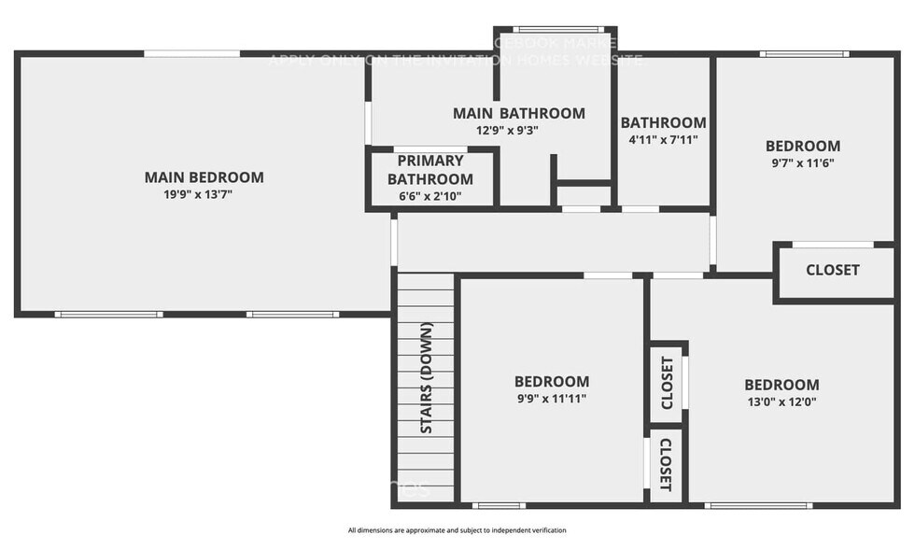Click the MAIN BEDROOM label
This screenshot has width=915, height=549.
click(204, 177)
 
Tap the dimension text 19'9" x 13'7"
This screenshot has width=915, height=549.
click(204, 195)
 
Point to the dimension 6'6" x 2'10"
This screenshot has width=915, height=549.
click(430, 196)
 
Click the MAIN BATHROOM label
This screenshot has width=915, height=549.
click(519, 113)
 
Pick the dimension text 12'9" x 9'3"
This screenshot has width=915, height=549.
click(507, 131)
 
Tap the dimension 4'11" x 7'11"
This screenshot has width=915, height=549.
click(664, 140)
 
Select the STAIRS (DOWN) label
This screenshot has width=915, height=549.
click(427, 378)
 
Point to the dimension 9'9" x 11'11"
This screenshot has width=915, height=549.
click(552, 399)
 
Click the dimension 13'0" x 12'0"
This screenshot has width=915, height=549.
click(781, 402)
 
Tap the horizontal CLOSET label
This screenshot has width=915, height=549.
click(833, 270)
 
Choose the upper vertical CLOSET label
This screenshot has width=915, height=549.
click(668, 383)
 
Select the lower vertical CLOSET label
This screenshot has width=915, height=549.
click(666, 465)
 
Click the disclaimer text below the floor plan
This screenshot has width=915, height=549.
click(457, 530)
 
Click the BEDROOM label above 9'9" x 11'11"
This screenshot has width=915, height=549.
click(552, 381)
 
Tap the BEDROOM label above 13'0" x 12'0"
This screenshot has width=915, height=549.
click(781, 385)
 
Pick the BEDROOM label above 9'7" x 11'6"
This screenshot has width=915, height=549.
click(803, 146)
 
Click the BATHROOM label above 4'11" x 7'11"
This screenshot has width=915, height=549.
click(664, 122)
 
